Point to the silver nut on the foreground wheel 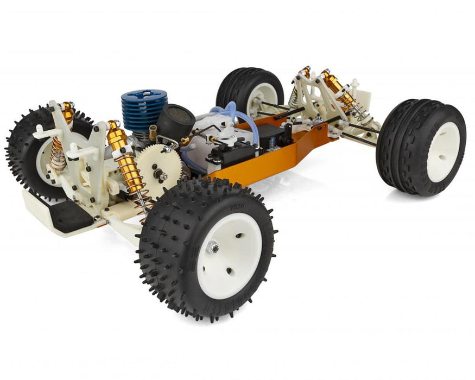click(214, 248)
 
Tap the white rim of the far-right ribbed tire click(443, 152)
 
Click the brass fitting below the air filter click(153, 131)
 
